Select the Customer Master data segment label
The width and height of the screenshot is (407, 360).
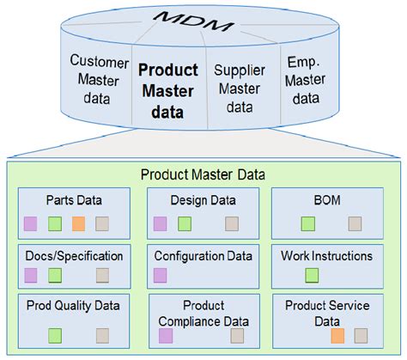[99, 80]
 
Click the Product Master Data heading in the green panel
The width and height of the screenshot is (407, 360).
[203, 175]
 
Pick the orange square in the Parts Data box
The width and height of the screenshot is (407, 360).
[78, 224]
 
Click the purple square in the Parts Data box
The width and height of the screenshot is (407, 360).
[31, 224]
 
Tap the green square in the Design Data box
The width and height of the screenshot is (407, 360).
[184, 224]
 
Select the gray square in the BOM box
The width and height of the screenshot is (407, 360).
[355, 224]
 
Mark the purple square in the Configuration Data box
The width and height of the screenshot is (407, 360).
[160, 276]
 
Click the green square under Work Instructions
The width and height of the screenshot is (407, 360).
[312, 276]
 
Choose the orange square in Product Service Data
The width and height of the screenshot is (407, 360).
[337, 336]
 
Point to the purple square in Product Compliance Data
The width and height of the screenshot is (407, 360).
[166, 336]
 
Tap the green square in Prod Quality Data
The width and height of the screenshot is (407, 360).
[55, 336]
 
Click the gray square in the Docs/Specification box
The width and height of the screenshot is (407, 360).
[102, 276]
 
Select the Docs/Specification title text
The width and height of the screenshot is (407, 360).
[74, 256]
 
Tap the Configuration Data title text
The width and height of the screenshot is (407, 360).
[203, 256]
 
